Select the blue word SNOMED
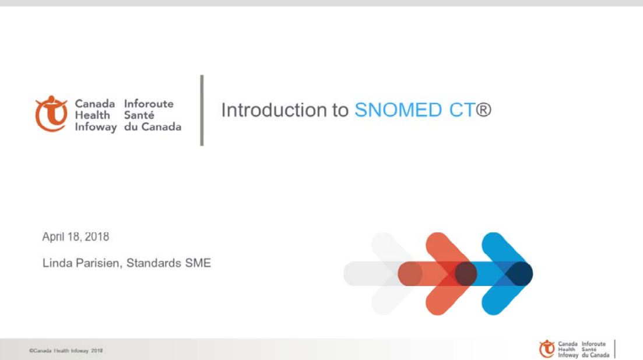[x=398, y=110]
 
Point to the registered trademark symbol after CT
[x=483, y=110]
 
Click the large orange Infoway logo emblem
[x=51, y=114]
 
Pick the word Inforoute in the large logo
[x=149, y=104]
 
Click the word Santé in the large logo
[x=139, y=115]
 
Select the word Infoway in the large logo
[x=96, y=128]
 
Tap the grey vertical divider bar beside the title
[x=202, y=110]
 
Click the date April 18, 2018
[x=76, y=237]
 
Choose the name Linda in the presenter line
[x=56, y=263]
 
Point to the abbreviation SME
[x=198, y=263]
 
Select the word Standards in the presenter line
[x=154, y=263]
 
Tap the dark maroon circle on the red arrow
[x=466, y=274]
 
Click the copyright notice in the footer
[x=66, y=351]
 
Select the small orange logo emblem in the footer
[x=547, y=349]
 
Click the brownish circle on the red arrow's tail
[x=410, y=274]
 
